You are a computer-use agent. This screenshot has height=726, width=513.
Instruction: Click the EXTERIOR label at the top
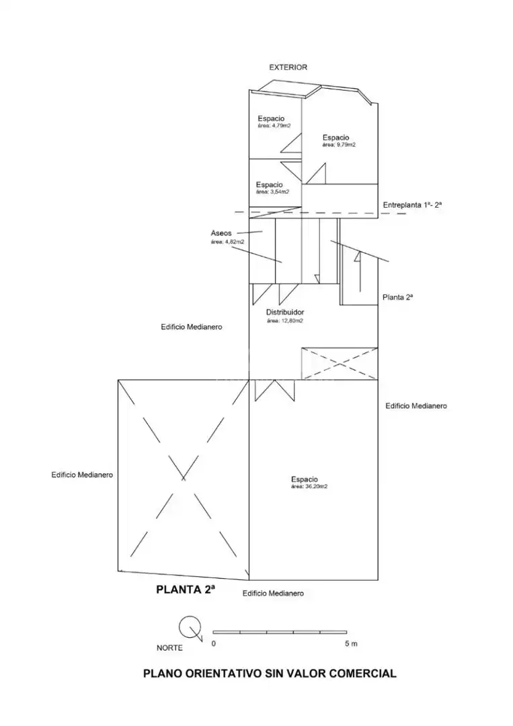coord(288,67)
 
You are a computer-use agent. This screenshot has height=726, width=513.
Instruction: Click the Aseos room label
coord(221,233)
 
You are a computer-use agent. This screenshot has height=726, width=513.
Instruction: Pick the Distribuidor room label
coord(285,312)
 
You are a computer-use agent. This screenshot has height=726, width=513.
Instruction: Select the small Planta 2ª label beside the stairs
coord(397,298)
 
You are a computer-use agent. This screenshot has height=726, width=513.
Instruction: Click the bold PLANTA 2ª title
coord(186,590)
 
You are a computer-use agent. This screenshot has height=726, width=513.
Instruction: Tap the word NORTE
coord(169,648)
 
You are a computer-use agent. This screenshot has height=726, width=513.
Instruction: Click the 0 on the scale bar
coord(213,643)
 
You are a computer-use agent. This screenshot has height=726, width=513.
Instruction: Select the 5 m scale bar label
coord(351,643)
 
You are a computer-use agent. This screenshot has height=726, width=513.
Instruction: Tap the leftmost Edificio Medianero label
coord(82,475)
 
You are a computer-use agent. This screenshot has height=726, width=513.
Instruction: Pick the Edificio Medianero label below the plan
coord(273,593)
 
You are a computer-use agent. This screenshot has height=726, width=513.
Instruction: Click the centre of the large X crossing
coord(184,479)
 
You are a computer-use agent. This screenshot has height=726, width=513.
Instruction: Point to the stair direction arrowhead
coord(358,256)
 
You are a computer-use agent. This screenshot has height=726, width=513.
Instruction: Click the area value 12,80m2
coord(285,321)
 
